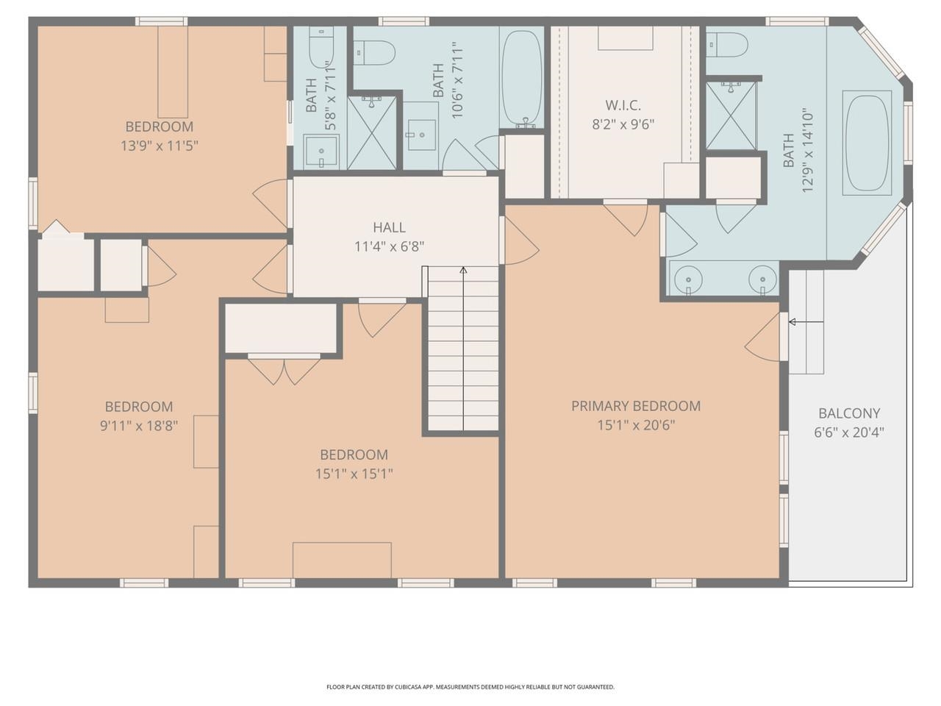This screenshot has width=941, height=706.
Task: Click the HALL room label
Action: [x=389, y=228]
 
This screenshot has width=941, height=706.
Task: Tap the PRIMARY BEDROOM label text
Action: [x=636, y=406]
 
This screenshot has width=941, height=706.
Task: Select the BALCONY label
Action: [x=849, y=413]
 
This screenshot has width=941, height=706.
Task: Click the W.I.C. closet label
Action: [x=623, y=106]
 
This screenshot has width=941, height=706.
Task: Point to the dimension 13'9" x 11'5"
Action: [x=160, y=146]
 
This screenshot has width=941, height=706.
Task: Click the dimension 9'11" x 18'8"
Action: [x=139, y=425]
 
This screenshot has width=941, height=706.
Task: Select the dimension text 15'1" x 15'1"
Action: [x=354, y=474]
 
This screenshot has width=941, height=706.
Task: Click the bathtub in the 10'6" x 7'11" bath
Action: [x=521, y=77]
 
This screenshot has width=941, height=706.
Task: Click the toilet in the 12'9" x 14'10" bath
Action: [x=728, y=45]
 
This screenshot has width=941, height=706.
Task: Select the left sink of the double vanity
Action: [x=687, y=280]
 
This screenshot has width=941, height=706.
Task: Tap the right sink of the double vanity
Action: [x=762, y=280]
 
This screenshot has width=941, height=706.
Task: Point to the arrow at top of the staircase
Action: [x=463, y=271]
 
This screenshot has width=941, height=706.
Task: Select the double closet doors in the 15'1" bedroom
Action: [x=284, y=370]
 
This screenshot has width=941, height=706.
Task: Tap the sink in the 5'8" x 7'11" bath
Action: [x=321, y=152]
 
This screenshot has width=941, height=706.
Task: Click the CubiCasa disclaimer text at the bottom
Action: [x=470, y=687]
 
